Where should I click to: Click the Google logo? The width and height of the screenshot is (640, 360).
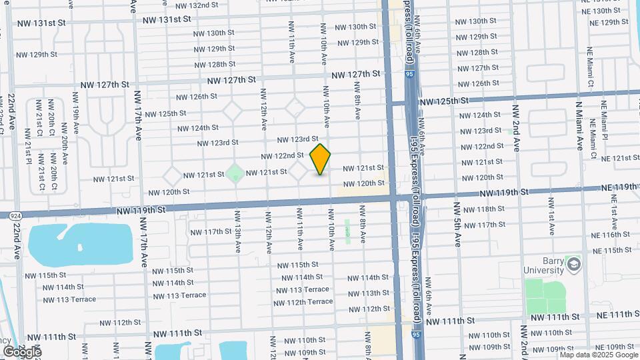[x=22, y=351]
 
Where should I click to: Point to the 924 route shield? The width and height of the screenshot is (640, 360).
[x=13, y=215]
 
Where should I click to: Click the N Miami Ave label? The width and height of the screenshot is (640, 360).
[x=579, y=127]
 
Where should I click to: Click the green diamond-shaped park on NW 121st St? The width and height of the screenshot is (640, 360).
[x=234, y=175]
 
